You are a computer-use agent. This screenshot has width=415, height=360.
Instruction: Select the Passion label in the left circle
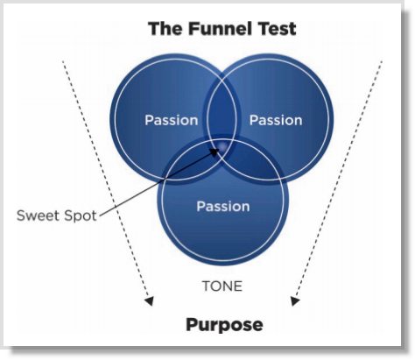pyautogui.click(x=171, y=120)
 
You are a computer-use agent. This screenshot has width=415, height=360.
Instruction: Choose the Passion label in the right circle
pyautogui.click(x=276, y=120)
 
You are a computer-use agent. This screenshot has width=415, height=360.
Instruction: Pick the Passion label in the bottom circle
pyautogui.click(x=222, y=207)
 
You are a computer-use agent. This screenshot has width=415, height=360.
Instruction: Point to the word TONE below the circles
pyautogui.click(x=222, y=286)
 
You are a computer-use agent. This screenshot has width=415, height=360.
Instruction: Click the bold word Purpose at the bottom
pyautogui.click(x=224, y=325)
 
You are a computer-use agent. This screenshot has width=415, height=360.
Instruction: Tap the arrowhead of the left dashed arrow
pyautogui.click(x=151, y=300)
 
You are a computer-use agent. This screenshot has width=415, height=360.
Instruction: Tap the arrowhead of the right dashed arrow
pyautogui.click(x=296, y=300)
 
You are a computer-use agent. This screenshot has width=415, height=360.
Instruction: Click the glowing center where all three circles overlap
pyautogui.click(x=222, y=147)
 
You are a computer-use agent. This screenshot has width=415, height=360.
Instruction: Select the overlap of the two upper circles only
pyautogui.click(x=222, y=109)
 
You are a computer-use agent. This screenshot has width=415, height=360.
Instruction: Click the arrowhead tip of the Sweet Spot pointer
pyautogui.click(x=218, y=149)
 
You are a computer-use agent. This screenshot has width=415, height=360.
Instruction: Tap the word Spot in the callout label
pyautogui.click(x=76, y=215)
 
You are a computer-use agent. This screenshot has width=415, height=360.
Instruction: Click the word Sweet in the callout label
pyautogui.click(x=37, y=215)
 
